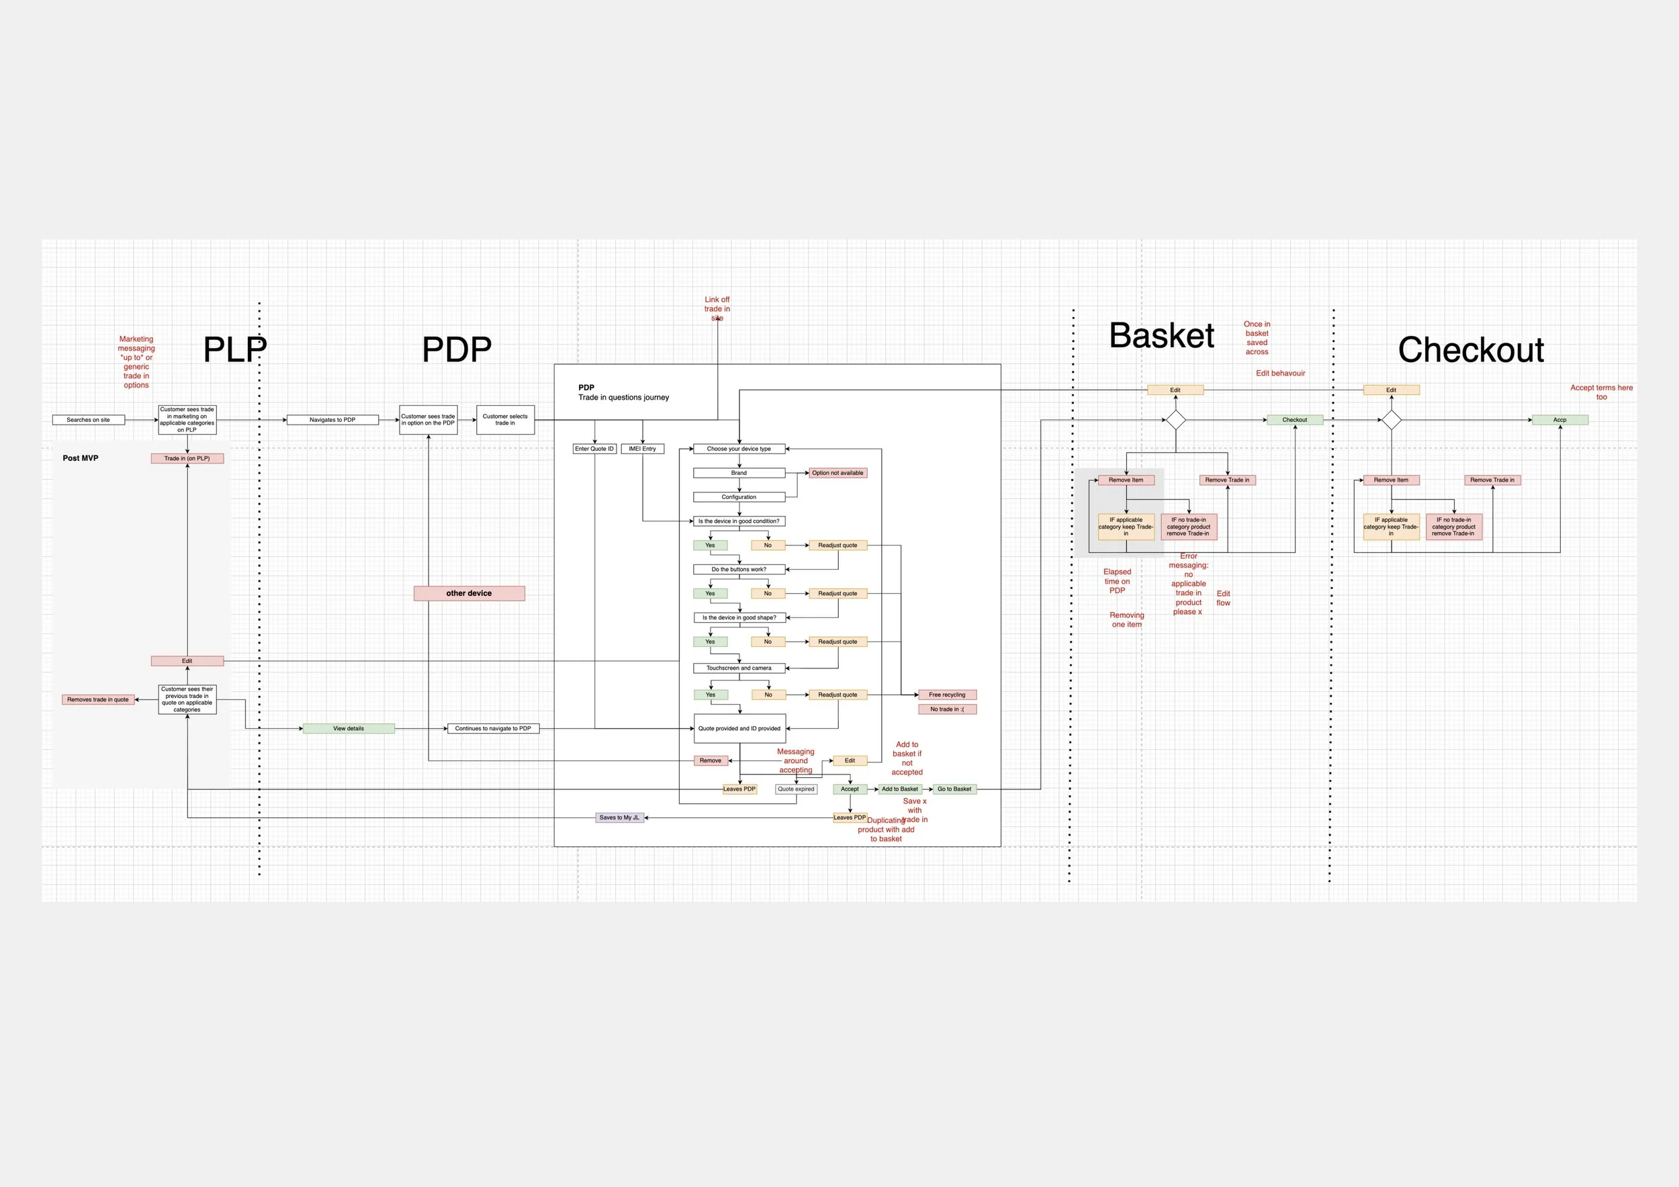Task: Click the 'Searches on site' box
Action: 89,420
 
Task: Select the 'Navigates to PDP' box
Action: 332,420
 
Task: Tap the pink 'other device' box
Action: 469,593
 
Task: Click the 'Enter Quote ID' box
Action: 594,448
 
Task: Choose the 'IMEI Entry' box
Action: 642,448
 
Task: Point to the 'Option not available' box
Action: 837,472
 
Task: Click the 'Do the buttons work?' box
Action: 739,569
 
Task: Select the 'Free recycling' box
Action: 947,695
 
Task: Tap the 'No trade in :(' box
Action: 947,709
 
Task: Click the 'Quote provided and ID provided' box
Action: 739,728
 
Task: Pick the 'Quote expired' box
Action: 796,789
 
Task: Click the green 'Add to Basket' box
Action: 899,789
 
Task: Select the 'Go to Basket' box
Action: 954,789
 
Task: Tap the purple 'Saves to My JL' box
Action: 619,818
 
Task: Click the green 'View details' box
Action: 348,728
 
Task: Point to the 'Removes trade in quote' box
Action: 98,699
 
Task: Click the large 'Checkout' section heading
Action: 1471,349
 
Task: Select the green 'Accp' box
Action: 1560,420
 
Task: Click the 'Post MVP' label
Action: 81,458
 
